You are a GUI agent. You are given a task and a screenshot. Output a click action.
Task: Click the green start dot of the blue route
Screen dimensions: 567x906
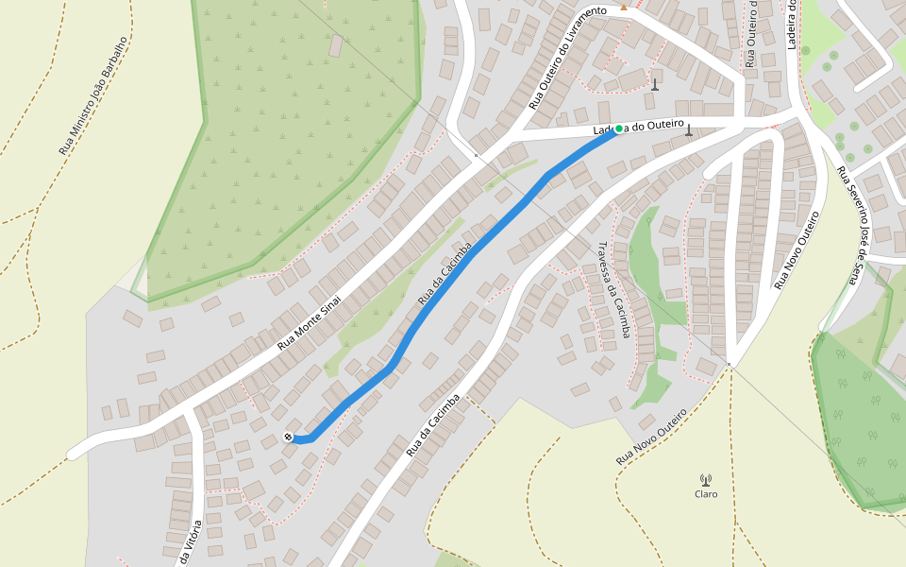(x=619, y=129)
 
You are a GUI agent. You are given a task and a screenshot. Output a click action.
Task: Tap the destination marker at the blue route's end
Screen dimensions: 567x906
(x=288, y=437)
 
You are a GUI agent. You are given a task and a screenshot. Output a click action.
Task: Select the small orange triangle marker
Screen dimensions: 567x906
(x=623, y=8)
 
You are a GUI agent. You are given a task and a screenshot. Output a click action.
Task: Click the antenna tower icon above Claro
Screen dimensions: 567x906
(x=705, y=480)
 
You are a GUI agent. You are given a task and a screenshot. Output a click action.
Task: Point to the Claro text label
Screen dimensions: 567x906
(x=706, y=494)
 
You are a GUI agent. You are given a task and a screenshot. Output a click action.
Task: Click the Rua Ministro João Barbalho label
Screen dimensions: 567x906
(x=92, y=96)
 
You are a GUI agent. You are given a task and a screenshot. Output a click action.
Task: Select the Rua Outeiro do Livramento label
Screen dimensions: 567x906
(x=566, y=58)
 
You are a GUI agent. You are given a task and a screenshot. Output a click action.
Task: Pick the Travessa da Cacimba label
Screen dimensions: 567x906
(x=612, y=289)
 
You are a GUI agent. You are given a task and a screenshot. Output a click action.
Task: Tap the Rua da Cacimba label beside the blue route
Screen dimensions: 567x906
(x=444, y=273)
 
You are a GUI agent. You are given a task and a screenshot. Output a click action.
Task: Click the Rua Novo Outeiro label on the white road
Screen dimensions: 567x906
(x=796, y=250)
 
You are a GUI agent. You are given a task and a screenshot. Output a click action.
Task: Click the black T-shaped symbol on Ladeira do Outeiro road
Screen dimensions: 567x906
(x=689, y=130)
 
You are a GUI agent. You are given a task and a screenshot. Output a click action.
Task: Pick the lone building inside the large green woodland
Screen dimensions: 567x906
(x=335, y=45)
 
